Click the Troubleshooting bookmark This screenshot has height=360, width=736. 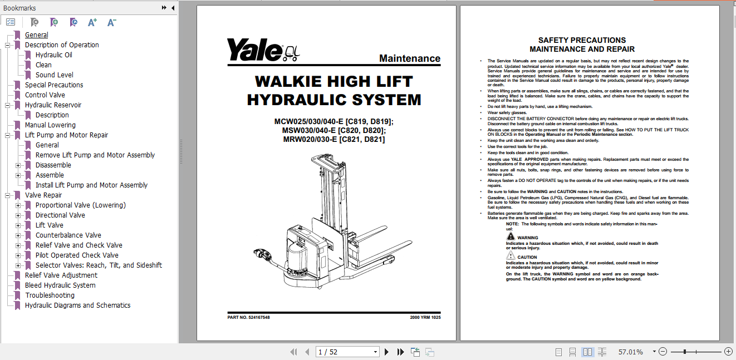coord(50,295)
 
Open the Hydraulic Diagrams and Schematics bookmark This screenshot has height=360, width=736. coord(77,305)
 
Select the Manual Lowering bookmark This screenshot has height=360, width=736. coord(50,125)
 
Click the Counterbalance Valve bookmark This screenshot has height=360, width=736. coord(68,235)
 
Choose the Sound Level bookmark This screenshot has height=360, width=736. coord(54,75)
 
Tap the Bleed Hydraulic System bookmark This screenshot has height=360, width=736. coord(60,285)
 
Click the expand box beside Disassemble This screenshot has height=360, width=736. coord(18,165)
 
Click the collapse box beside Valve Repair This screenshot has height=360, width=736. coord(8,195)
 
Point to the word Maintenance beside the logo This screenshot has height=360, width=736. coord(409,58)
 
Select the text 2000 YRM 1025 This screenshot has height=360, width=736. coord(425,317)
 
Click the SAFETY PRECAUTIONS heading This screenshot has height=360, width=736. coord(582,40)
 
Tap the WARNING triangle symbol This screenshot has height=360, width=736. coord(511,236)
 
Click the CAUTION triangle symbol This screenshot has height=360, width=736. coord(511,256)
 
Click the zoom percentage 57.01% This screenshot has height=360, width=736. coord(630,352)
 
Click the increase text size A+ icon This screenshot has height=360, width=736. coord(92,22)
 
